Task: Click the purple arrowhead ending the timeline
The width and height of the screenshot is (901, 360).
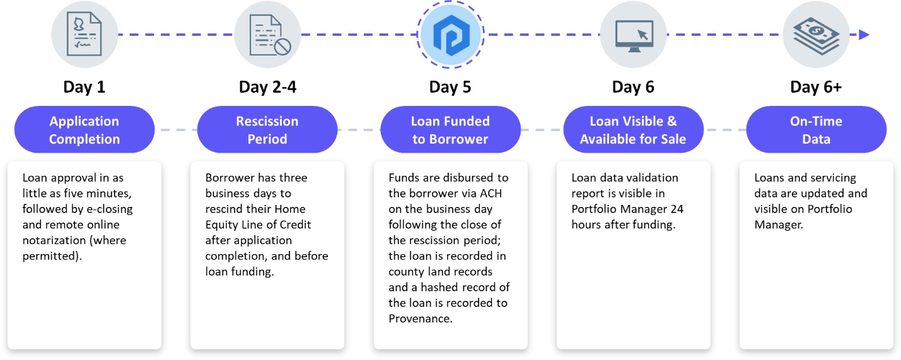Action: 864,35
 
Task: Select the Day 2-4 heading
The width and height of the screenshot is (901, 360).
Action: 267,87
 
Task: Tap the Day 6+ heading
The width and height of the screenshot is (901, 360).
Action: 815,87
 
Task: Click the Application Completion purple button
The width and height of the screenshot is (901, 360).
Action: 84,130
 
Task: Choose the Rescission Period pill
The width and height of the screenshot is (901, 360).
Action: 267,130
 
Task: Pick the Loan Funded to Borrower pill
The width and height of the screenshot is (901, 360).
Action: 450,130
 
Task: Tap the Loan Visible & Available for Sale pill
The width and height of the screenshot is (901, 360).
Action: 633,130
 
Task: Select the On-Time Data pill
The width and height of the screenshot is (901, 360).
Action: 816,130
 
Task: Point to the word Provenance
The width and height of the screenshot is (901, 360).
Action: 418,319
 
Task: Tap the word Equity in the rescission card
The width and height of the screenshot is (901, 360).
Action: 221,224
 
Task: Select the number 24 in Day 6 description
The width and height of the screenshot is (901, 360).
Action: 677,209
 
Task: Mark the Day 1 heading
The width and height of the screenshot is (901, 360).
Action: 84,87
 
